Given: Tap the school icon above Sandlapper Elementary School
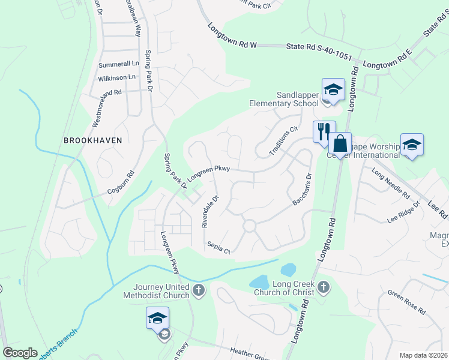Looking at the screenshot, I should (x=333, y=90).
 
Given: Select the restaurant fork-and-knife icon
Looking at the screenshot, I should (x=324, y=131).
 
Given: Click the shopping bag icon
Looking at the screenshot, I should (x=339, y=144).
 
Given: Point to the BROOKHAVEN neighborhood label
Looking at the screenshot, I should (x=92, y=140).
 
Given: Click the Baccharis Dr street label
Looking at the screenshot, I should (x=302, y=190).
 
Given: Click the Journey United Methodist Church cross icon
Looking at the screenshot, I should (x=199, y=292).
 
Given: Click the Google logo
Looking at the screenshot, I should (x=20, y=352).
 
